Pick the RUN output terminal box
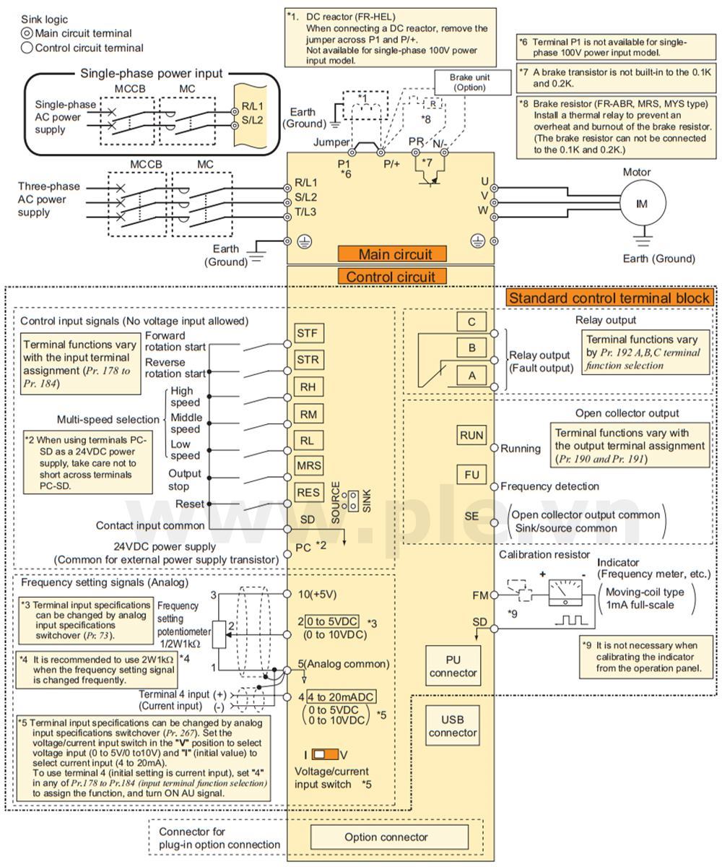(x=471, y=436)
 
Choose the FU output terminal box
(x=471, y=475)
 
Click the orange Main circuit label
(x=394, y=254)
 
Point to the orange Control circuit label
(x=391, y=276)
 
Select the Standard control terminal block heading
(x=610, y=298)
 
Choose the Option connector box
(x=390, y=837)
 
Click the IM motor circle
(x=640, y=204)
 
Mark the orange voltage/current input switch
(x=326, y=754)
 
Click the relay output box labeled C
(x=471, y=322)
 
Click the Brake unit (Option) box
(x=469, y=82)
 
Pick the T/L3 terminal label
(x=307, y=211)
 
